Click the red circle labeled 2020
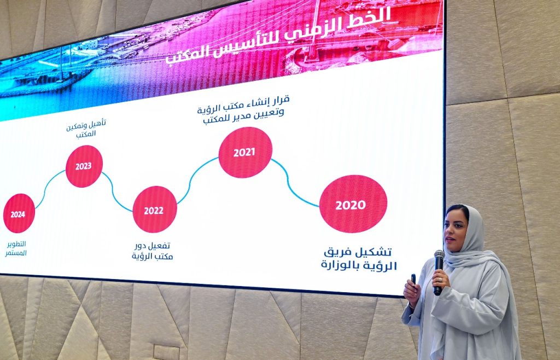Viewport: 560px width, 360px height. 353,204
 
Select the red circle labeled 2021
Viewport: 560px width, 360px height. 245,152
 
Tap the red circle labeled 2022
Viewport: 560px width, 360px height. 154,210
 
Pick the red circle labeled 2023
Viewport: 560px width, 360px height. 84,166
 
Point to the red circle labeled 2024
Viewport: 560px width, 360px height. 19,213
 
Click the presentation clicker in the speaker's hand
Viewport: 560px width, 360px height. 413,279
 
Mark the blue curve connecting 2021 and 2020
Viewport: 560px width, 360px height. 295,184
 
